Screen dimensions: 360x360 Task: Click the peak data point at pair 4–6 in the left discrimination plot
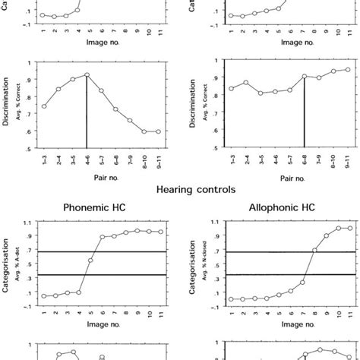[87, 75]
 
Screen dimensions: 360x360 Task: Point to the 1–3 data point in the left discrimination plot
[44, 106]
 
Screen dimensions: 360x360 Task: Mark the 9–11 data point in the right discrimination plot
[348, 69]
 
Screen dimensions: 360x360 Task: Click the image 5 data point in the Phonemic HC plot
[90, 261]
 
